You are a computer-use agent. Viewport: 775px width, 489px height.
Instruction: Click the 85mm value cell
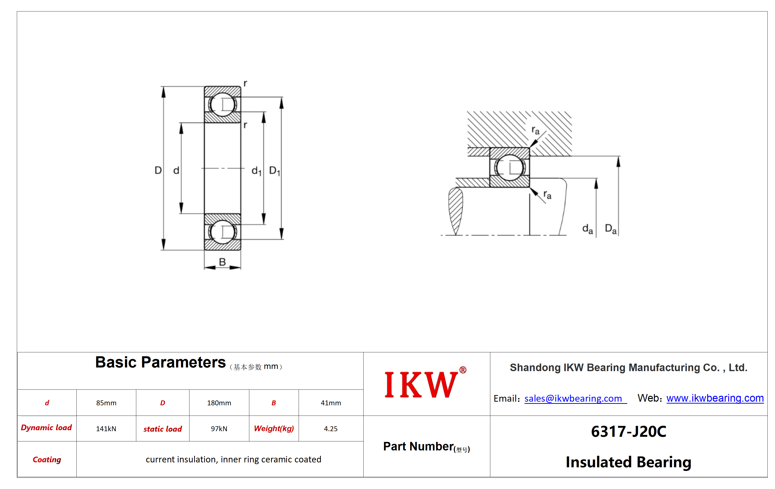click(x=106, y=403)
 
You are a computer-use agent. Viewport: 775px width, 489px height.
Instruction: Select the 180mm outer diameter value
click(x=219, y=403)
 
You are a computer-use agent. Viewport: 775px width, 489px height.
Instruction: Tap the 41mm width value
click(x=331, y=403)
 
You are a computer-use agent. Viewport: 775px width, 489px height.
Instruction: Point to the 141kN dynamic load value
click(x=106, y=428)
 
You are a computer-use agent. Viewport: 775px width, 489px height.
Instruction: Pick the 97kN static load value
click(x=219, y=428)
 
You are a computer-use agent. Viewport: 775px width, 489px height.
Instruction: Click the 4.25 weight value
click(x=331, y=428)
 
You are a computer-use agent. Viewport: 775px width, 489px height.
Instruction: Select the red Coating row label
click(x=47, y=459)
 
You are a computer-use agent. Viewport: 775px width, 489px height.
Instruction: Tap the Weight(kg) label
click(x=274, y=428)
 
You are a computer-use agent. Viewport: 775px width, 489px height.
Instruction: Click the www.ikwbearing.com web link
click(x=715, y=398)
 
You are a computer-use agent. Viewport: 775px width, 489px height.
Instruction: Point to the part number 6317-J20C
click(x=628, y=431)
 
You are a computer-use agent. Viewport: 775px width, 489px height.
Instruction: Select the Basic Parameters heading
click(x=160, y=362)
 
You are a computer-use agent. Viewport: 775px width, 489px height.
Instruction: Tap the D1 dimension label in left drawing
click(x=274, y=171)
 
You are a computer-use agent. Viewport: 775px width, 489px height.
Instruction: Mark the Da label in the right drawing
click(x=610, y=229)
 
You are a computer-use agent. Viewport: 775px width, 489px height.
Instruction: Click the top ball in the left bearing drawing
click(x=222, y=104)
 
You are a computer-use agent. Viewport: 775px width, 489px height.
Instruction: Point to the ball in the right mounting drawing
click(x=510, y=168)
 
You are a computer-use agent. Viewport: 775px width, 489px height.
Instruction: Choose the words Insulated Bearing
click(x=628, y=462)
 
